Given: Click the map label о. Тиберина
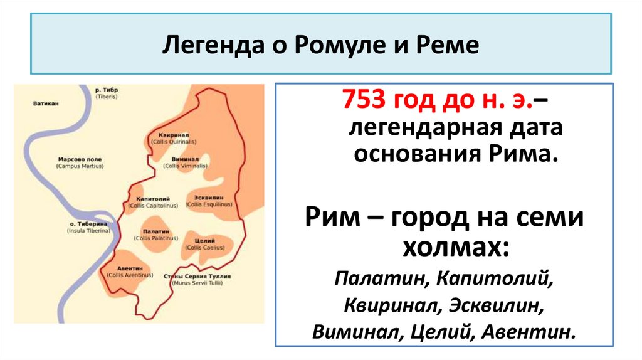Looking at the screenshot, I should click(x=88, y=224).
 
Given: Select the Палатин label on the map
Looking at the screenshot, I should click(x=153, y=231).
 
